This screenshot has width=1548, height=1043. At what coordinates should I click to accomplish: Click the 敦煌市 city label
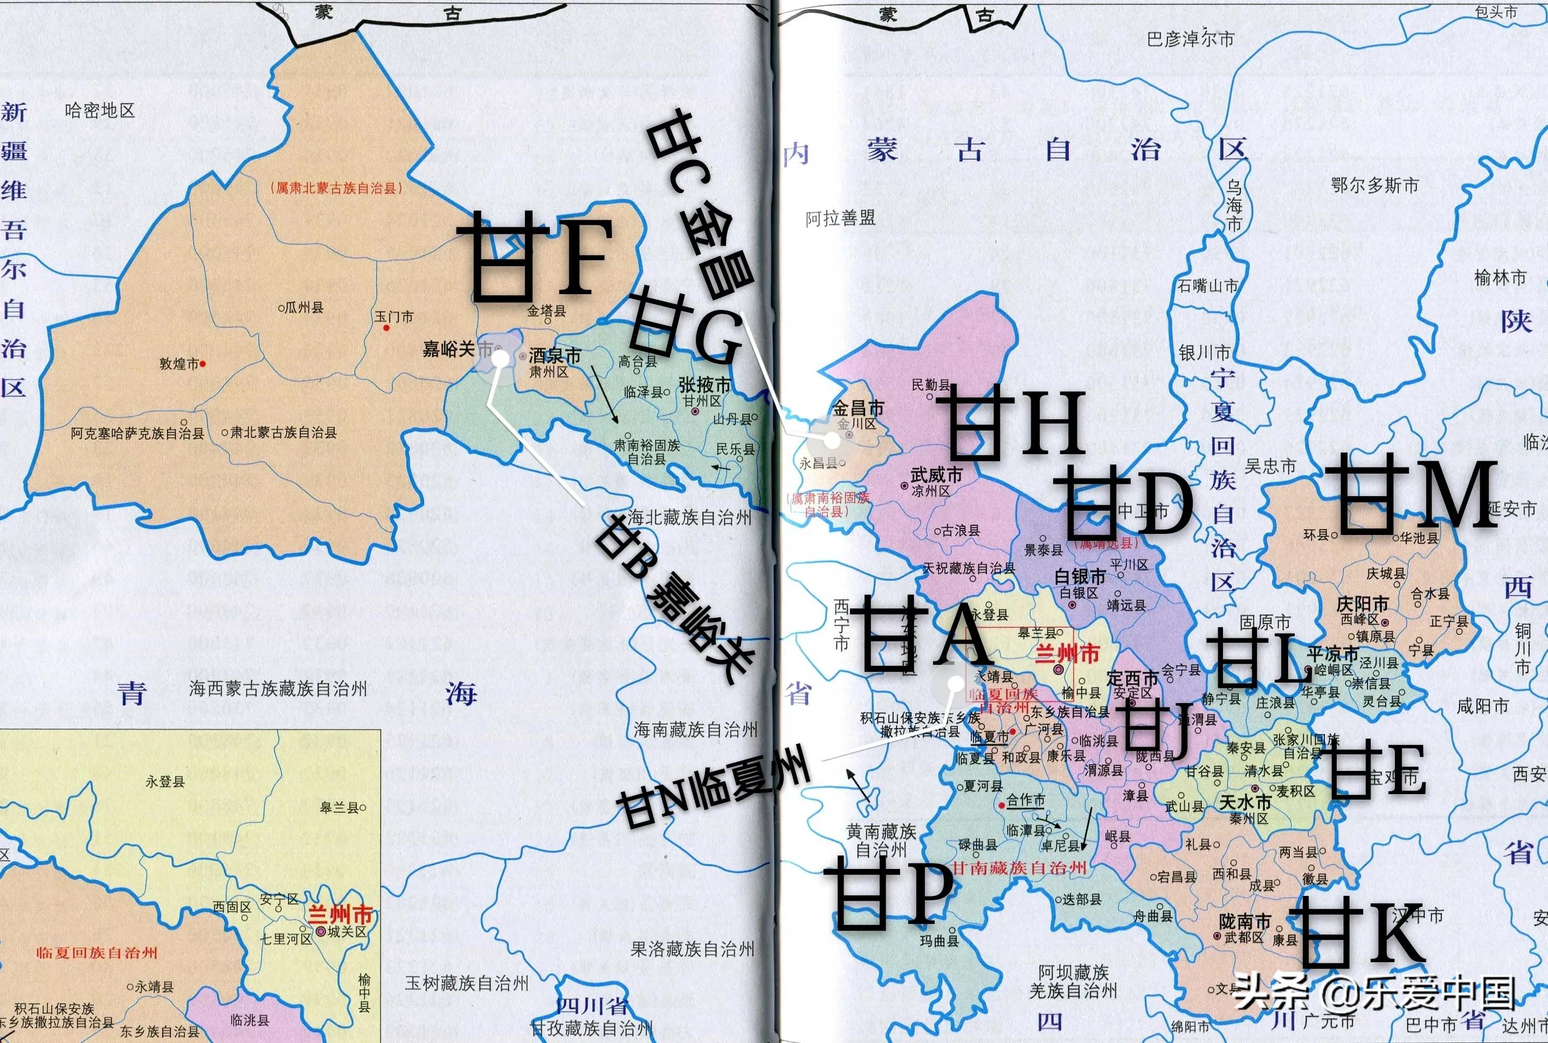tap(178, 364)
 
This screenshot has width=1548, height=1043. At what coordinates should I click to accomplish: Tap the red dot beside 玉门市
tap(386, 328)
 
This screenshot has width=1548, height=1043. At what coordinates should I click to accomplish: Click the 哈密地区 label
tap(100, 110)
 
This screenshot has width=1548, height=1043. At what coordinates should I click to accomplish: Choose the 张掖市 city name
tap(704, 385)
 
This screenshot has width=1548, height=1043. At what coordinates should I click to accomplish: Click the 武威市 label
tap(936, 475)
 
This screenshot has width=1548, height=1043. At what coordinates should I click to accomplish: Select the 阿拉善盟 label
tap(840, 218)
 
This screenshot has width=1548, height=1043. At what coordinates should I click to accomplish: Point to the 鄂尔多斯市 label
tap(1375, 185)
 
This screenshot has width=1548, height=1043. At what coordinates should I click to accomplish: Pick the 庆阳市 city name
tap(1363, 603)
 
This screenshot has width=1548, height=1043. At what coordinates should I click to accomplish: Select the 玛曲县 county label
tap(939, 941)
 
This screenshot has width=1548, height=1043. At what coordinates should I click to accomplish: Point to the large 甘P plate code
tap(888, 893)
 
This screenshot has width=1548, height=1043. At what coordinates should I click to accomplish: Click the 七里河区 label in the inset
tap(286, 938)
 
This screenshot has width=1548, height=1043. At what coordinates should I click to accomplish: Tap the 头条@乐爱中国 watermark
tap(1375, 993)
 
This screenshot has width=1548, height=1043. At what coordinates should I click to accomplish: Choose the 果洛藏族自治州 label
tap(692, 949)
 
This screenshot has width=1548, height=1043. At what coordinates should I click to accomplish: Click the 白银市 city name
tap(1080, 576)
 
